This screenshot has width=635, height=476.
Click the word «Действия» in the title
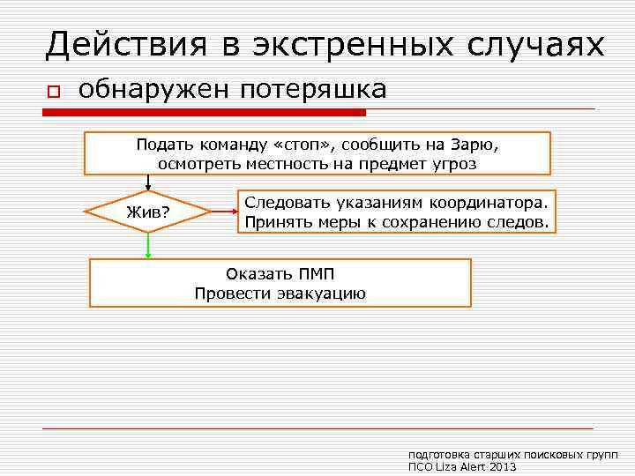(126, 44)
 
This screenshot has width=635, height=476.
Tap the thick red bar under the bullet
(205, 113)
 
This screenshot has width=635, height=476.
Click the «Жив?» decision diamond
(148, 212)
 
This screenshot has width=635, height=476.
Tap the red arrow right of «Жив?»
(224, 212)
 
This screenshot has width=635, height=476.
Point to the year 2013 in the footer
(502, 466)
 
